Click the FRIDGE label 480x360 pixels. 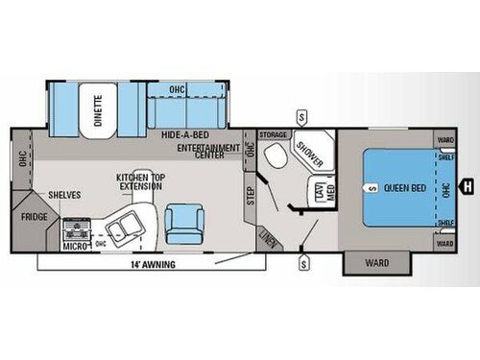click(35, 217)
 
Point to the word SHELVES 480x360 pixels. click(63, 195)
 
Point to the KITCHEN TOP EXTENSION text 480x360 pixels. click(138, 181)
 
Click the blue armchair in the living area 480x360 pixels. click(182, 224)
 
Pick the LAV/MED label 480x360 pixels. click(316, 193)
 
